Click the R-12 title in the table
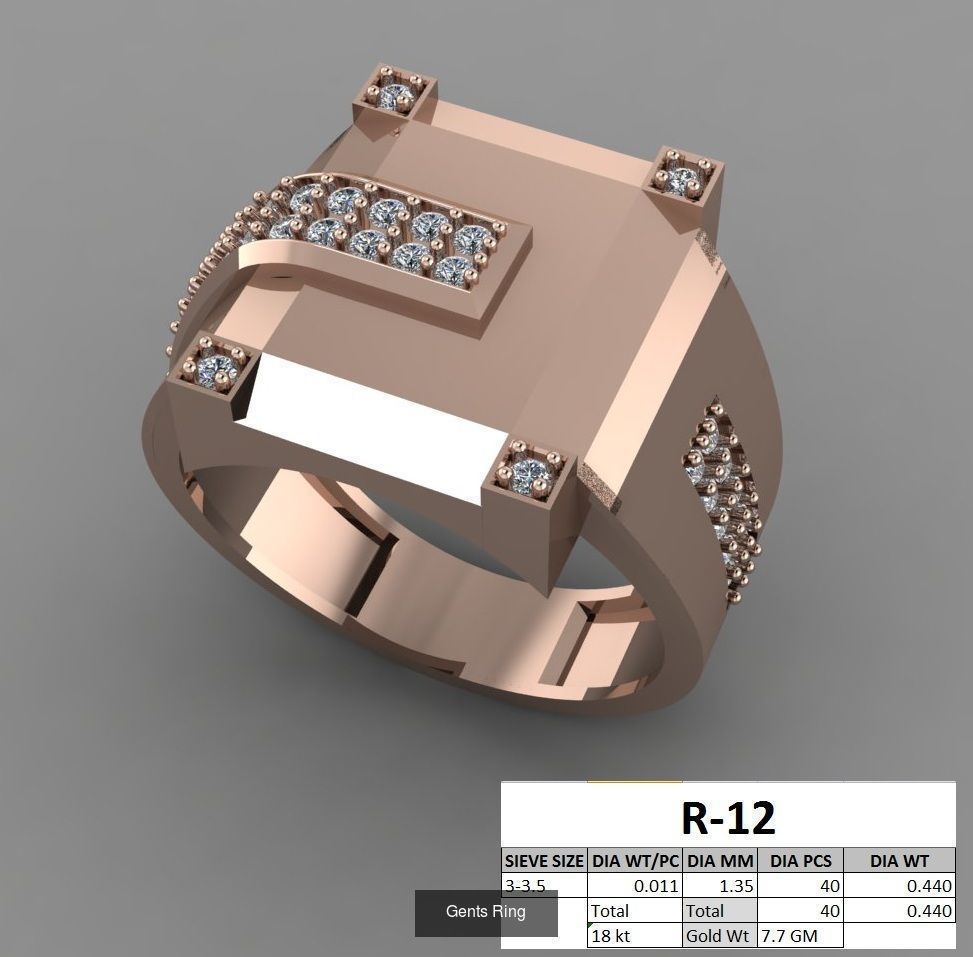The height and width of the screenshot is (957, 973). click(x=728, y=818)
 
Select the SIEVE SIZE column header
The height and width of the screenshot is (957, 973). click(x=544, y=860)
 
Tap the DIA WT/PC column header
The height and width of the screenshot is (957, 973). click(x=636, y=860)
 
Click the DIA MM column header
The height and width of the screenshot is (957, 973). click(x=719, y=860)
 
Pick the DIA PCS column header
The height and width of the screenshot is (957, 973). click(x=800, y=860)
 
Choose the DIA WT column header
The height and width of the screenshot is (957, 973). click(x=899, y=860)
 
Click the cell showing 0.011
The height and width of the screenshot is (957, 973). click(x=636, y=886)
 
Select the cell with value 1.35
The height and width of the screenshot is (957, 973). click(x=719, y=886)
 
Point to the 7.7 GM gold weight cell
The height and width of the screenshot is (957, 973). click(x=800, y=936)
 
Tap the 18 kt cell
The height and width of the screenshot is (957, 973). click(x=636, y=936)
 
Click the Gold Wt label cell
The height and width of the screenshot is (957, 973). click(x=719, y=936)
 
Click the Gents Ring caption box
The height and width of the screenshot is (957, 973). click(x=486, y=912)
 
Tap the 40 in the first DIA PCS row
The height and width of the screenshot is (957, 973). click(x=800, y=886)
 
